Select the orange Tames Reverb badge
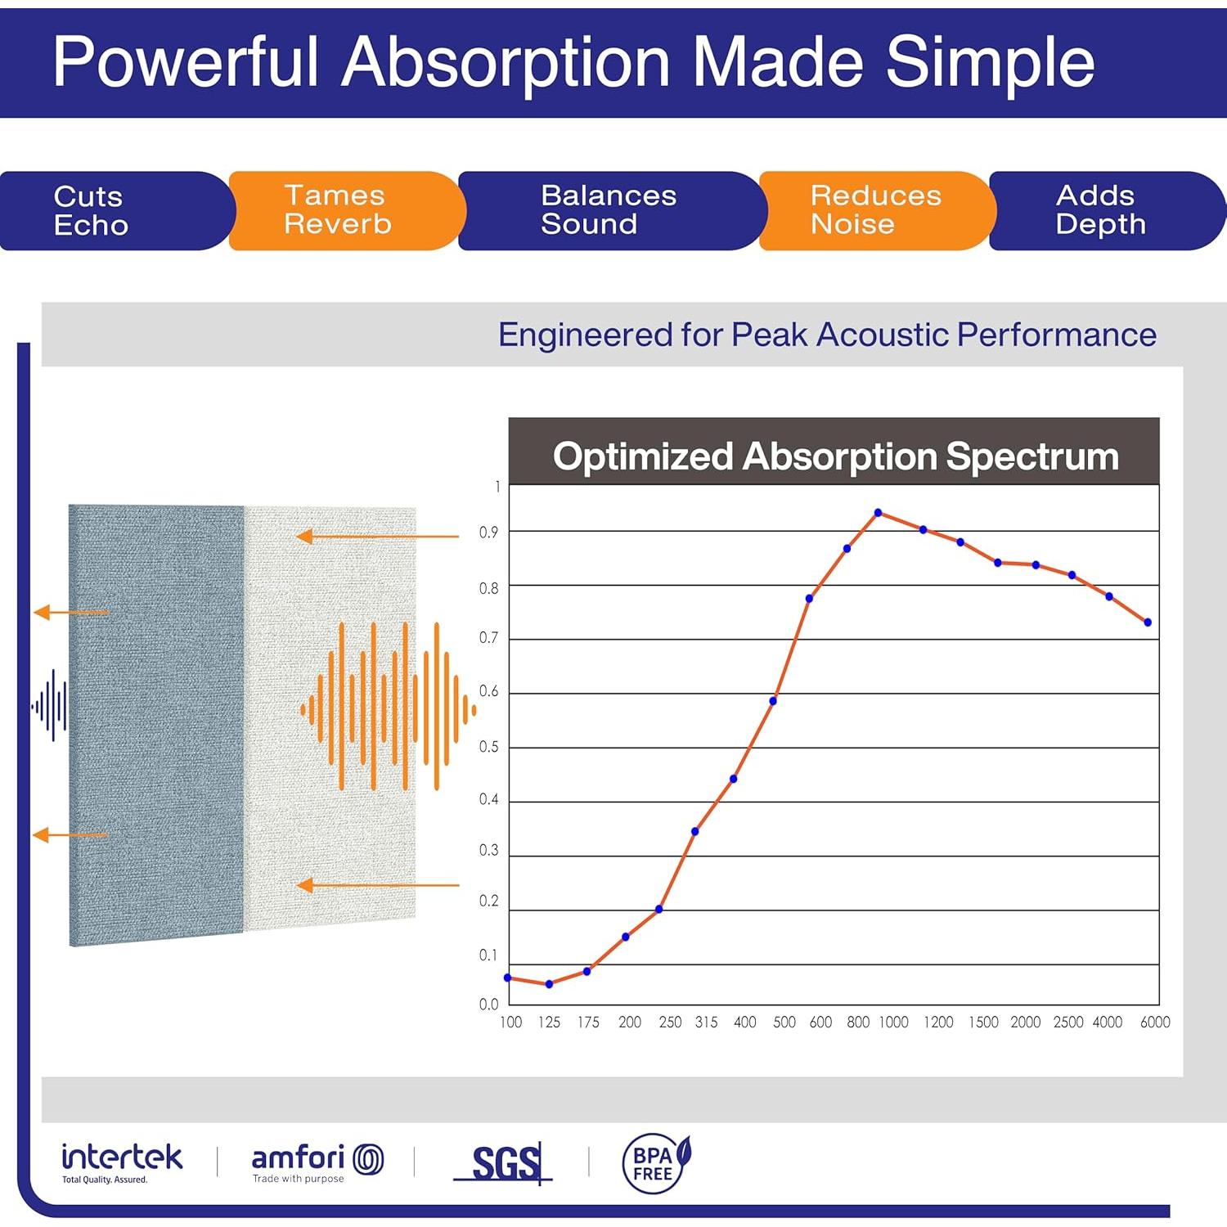[x=344, y=210]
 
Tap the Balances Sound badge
[x=609, y=210]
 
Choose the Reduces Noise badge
[x=875, y=210]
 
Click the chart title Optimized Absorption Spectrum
[x=835, y=456]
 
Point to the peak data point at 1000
[x=878, y=513]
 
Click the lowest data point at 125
[x=549, y=984]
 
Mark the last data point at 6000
[x=1148, y=622]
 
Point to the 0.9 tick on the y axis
[x=488, y=533]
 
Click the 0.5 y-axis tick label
[x=488, y=747]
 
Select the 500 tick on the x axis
[x=784, y=1022]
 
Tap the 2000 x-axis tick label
[x=1025, y=1022]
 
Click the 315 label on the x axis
[x=706, y=1022]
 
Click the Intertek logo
[x=122, y=1162]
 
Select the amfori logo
[x=317, y=1162]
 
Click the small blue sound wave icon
[x=50, y=705]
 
